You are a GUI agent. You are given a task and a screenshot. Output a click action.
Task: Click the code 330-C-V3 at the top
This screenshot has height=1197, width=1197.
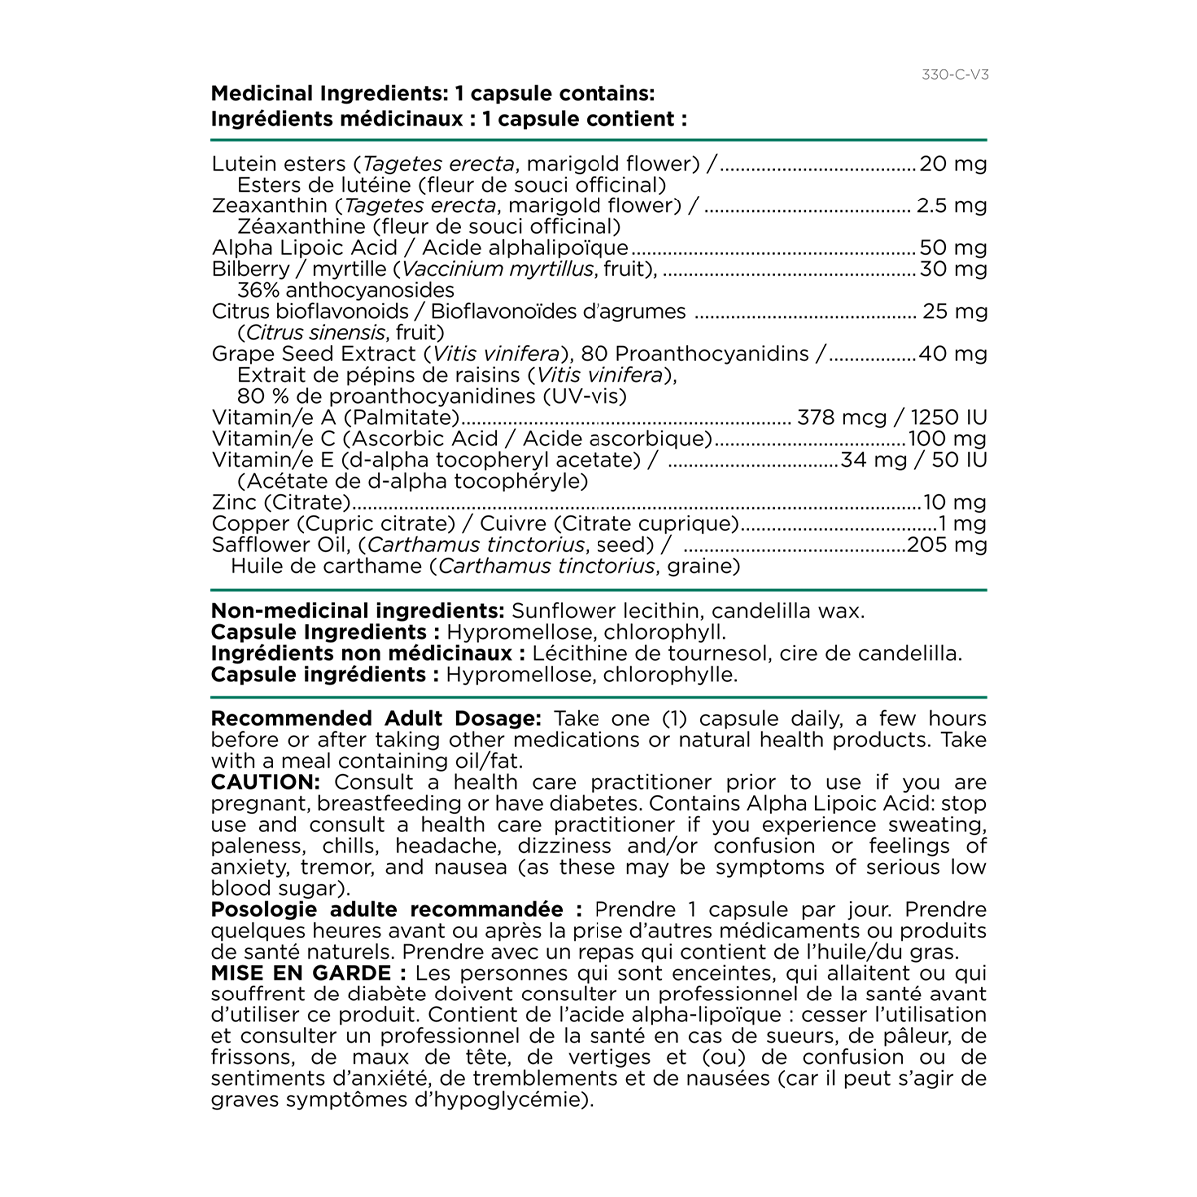[955, 75]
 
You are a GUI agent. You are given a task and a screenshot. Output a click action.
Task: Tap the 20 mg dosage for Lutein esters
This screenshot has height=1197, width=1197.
[953, 164]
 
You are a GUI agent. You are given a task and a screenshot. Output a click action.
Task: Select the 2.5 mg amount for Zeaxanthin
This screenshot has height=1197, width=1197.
[951, 206]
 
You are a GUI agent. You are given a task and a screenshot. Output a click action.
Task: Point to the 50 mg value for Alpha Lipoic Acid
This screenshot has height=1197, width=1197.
[953, 248]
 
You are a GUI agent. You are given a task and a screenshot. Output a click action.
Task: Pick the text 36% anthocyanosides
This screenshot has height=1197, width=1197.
[345, 291]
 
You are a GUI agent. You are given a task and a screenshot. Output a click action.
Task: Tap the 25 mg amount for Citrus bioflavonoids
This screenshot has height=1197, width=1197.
[954, 312]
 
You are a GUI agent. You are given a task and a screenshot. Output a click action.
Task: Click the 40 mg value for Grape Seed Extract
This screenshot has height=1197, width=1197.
[953, 354]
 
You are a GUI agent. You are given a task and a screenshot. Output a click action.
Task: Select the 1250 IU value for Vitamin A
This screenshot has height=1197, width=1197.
[948, 418]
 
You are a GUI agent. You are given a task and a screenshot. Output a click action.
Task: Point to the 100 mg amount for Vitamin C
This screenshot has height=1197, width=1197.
[947, 439]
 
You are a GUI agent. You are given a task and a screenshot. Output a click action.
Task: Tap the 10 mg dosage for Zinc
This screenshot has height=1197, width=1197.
[955, 503]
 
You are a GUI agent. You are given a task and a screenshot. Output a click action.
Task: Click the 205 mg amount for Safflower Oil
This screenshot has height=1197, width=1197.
[947, 545]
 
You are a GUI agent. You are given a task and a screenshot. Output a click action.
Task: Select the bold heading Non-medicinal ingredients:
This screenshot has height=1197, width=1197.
[357, 611]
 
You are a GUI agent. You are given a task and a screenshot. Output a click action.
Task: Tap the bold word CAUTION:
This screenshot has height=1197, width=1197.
[265, 783]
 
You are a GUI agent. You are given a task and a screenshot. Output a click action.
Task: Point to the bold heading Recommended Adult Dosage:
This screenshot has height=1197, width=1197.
[376, 719]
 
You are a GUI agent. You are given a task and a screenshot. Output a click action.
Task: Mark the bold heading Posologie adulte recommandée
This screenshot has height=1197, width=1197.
[387, 910]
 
